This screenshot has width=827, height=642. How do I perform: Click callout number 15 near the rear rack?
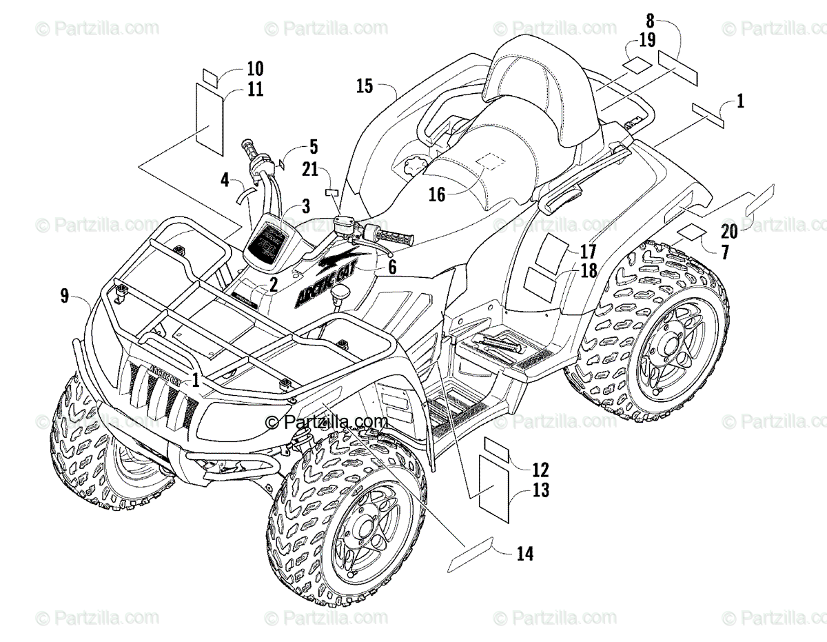tap(365, 86)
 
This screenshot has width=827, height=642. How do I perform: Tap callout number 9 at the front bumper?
tap(64, 297)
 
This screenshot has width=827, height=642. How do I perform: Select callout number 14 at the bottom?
tap(524, 553)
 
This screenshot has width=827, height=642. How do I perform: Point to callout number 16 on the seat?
tap(437, 194)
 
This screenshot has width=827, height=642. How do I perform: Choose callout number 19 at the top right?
tap(646, 39)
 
